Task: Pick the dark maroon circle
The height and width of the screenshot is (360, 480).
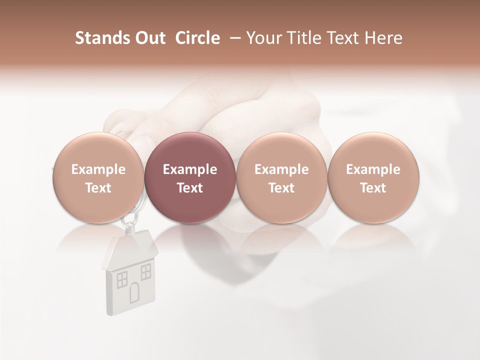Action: click(x=190, y=177)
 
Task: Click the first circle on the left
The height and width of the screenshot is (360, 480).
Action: click(x=98, y=177)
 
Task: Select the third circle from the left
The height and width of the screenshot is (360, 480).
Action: click(x=281, y=177)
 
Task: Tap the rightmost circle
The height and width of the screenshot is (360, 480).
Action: click(x=373, y=177)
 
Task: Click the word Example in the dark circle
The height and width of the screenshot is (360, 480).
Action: click(x=190, y=169)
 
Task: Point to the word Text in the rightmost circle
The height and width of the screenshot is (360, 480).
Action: click(x=373, y=188)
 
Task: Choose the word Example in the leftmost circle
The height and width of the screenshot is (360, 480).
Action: click(x=98, y=169)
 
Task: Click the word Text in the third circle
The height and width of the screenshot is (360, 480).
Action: click(x=281, y=188)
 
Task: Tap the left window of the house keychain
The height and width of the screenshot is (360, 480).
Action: click(x=122, y=279)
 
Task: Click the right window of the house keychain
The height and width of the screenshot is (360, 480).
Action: click(x=145, y=272)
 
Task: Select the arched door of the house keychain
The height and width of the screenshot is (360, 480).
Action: click(x=134, y=292)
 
